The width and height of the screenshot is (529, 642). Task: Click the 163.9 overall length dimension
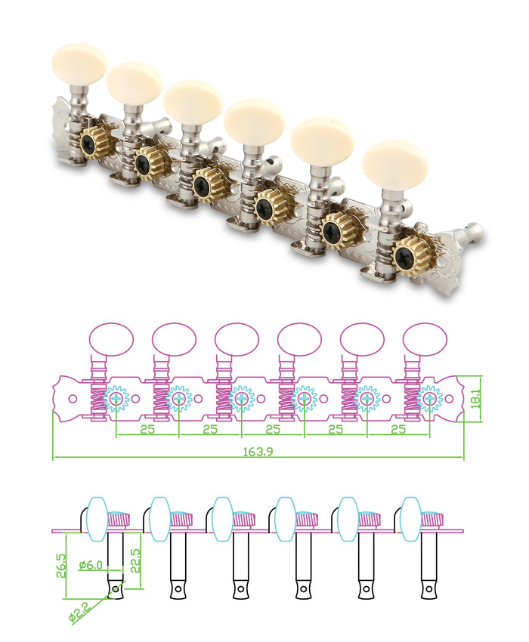258,451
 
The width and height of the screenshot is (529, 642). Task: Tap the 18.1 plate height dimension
475,399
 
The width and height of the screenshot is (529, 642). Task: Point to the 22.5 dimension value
135,560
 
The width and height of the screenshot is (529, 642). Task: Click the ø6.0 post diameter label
91,565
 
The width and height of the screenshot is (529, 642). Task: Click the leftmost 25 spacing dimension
147,430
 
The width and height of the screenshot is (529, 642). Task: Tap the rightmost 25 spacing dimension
398,430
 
